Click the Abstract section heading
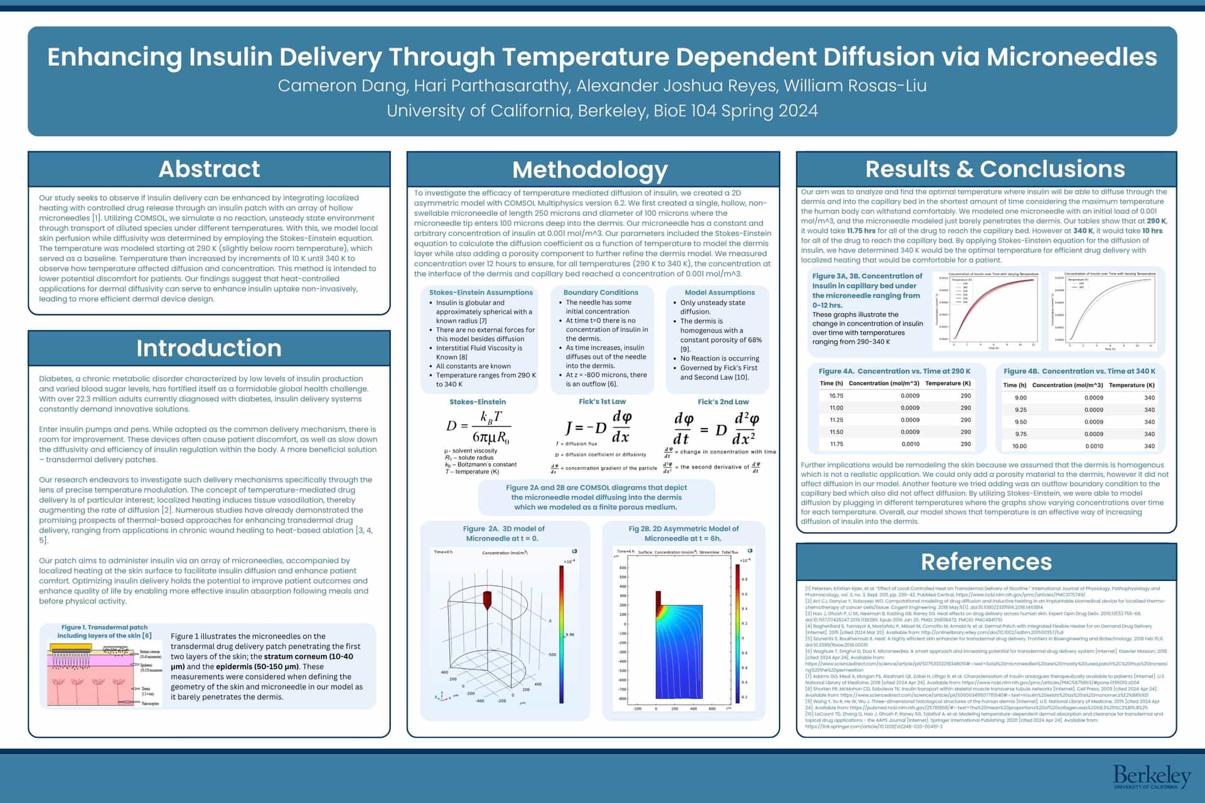209,169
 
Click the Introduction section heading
209,348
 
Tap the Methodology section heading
590,170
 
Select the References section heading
986,562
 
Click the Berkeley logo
1152,777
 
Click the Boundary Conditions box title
601,292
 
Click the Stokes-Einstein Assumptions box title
481,292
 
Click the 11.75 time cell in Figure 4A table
836,444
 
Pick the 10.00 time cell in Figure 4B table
1019,446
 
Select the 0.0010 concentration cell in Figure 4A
910,444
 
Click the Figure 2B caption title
683,533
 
